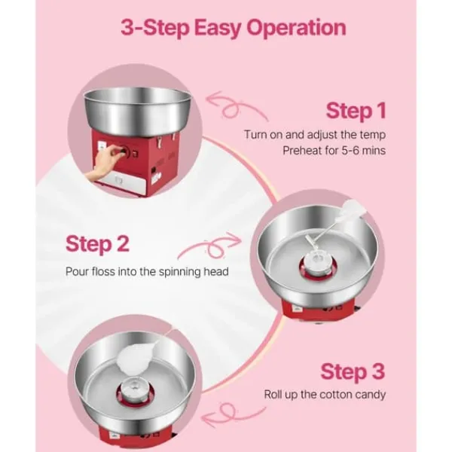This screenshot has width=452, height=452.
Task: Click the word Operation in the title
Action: [x=296, y=29]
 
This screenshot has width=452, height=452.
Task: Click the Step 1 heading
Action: [x=356, y=111]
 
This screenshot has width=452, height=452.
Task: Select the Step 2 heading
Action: [x=97, y=244]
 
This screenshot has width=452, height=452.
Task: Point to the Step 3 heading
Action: [x=353, y=372]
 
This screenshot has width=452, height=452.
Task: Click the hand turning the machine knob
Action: [x=102, y=164]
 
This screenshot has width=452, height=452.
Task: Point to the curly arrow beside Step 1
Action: [x=235, y=107]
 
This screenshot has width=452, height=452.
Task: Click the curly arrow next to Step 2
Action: [x=210, y=245]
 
